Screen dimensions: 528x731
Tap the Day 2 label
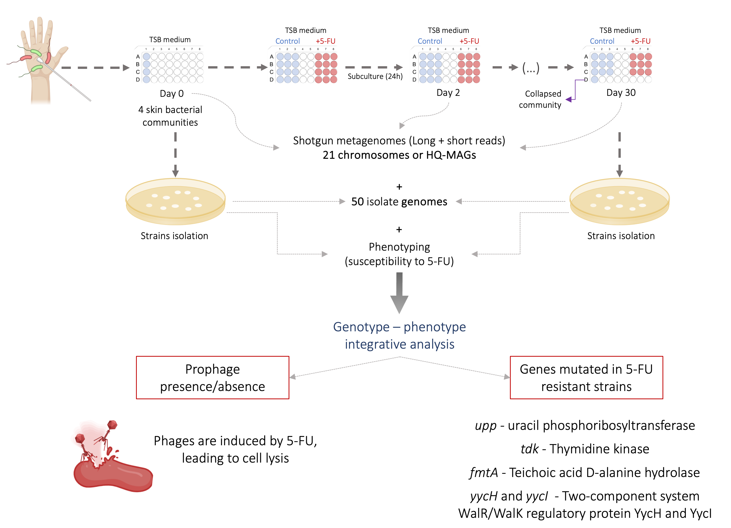[448, 93]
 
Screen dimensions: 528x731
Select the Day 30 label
[621, 93]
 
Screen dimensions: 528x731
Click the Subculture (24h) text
[375, 76]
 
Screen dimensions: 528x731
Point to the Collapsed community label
[540, 99]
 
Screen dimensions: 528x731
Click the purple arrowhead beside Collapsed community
[569, 100]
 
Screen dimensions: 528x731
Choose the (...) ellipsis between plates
[531, 68]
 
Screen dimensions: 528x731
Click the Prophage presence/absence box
[212, 378]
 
